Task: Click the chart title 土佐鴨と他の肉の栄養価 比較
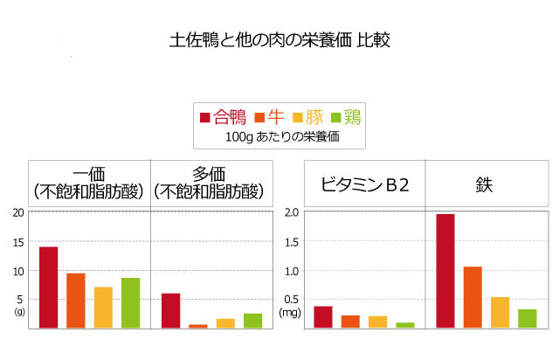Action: (x=279, y=40)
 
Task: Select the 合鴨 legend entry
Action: (x=224, y=117)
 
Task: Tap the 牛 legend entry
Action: (x=269, y=117)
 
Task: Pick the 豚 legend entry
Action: (x=308, y=117)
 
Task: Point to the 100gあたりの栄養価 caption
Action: (x=281, y=137)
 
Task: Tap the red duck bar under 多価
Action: (x=170, y=310)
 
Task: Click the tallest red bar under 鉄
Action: (x=445, y=271)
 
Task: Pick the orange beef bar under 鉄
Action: (x=473, y=297)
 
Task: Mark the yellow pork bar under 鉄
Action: (x=500, y=312)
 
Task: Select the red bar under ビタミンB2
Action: (x=322, y=316)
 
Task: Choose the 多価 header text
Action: (x=208, y=173)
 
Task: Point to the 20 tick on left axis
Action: (x=18, y=212)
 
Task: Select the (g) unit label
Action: (x=19, y=311)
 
